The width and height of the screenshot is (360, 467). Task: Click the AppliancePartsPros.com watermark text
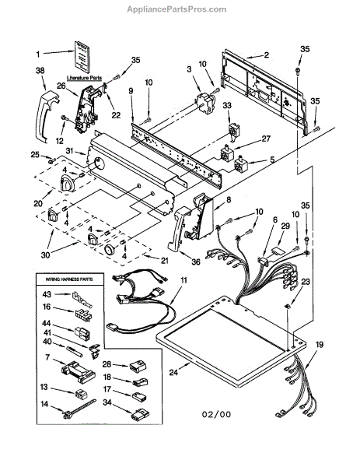pyautogui.click(x=177, y=9)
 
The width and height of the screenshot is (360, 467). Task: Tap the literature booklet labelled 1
pyautogui.click(x=82, y=57)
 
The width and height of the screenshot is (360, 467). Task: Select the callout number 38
pyautogui.click(x=40, y=70)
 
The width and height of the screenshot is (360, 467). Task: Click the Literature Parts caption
pyautogui.click(x=84, y=78)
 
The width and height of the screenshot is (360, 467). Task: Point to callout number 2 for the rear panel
pyautogui.click(x=266, y=54)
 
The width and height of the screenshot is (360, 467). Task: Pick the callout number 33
pyautogui.click(x=227, y=105)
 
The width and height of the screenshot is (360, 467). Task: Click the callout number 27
pyautogui.click(x=266, y=139)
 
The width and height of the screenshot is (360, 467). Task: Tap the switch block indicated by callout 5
pyautogui.click(x=241, y=164)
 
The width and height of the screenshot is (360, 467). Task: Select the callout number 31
pyautogui.click(x=69, y=151)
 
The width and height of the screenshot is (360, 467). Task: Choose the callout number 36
pyautogui.click(x=196, y=262)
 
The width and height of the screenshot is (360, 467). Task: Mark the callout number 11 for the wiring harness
pyautogui.click(x=183, y=280)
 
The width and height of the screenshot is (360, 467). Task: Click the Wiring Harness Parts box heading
pyautogui.click(x=69, y=279)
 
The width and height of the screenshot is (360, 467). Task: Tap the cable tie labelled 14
pyautogui.click(x=79, y=409)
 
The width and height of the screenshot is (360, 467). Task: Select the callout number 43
pyautogui.click(x=47, y=294)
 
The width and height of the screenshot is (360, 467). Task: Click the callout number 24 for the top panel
pyautogui.click(x=173, y=372)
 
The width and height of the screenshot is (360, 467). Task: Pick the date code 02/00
pyautogui.click(x=217, y=414)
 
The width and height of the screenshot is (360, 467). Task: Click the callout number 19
pyautogui.click(x=320, y=345)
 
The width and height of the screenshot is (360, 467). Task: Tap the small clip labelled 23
pyautogui.click(x=288, y=306)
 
